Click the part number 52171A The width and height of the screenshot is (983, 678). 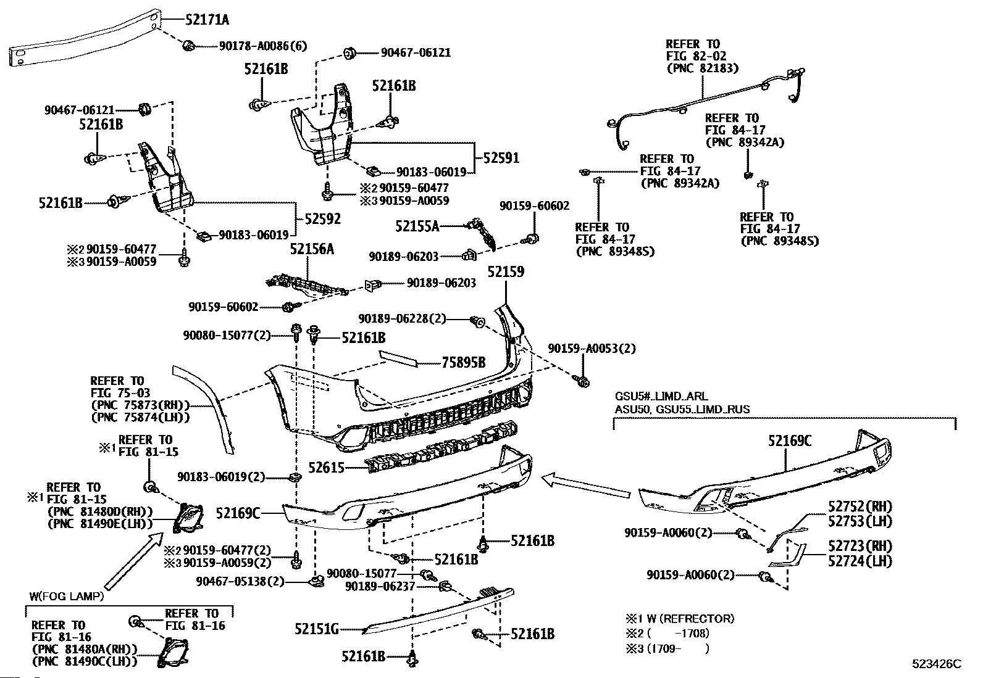coord(207,20)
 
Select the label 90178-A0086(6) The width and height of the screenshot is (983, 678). coord(263,46)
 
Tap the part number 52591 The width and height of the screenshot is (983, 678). coord(501,158)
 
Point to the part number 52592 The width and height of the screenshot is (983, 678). coord(322,218)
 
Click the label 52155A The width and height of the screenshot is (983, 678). coord(417,226)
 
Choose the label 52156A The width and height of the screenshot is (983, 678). coord(312,249)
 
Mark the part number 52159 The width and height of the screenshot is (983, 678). coord(506,272)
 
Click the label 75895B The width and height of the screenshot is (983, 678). coord(464,363)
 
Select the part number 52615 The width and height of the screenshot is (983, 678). coord(326,468)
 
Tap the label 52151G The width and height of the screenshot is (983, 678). coord(316,629)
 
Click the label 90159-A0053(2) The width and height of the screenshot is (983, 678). coord(592,349)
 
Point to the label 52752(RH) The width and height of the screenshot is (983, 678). coord(860,506)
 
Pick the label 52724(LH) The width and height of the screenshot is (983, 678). coord(860,561)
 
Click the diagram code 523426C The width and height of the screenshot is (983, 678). coord(937,664)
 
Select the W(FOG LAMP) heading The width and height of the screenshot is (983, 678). coord(67,597)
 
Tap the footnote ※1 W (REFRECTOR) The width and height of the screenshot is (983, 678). coord(680,618)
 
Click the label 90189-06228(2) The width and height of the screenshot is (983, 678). coord(402,319)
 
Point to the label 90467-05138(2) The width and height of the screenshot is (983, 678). coord(240,582)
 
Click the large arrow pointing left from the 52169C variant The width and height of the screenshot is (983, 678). coord(586,485)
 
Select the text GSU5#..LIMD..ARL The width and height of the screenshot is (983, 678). coord(661,397)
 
